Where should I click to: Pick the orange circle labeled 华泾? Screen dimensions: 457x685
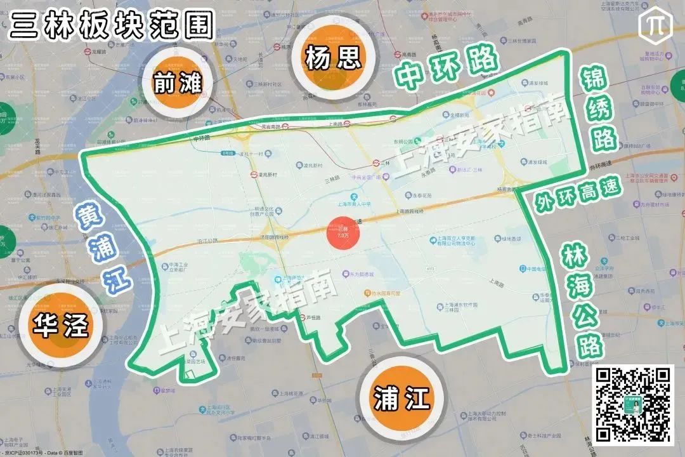coord(62,326)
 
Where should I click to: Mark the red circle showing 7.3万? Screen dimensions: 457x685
coord(343,233)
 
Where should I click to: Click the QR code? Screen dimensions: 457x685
coord(633,404)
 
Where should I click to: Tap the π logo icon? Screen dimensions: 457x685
coord(654,23)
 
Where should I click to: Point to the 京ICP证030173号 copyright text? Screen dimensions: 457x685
coord(24,453)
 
